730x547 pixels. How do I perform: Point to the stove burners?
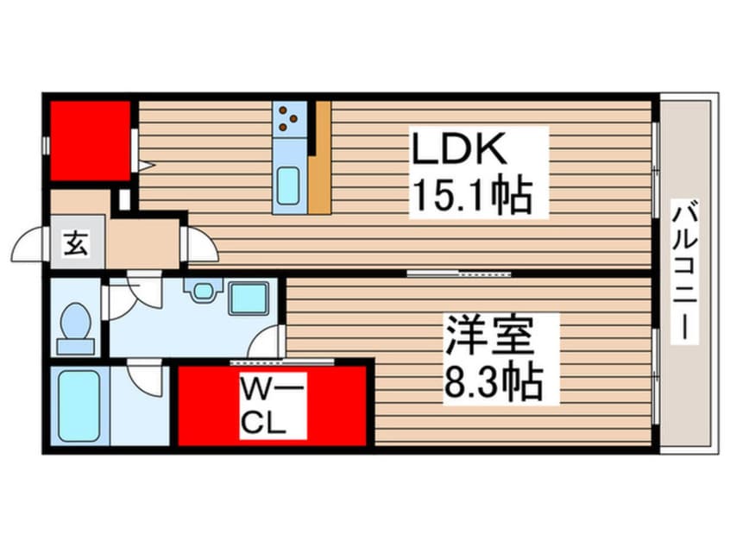point(289,119)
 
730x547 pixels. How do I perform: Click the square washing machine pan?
point(249,298)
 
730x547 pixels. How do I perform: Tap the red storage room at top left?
point(90,141)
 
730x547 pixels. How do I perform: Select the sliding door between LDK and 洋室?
point(460,273)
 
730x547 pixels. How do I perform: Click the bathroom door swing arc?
point(145,376)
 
